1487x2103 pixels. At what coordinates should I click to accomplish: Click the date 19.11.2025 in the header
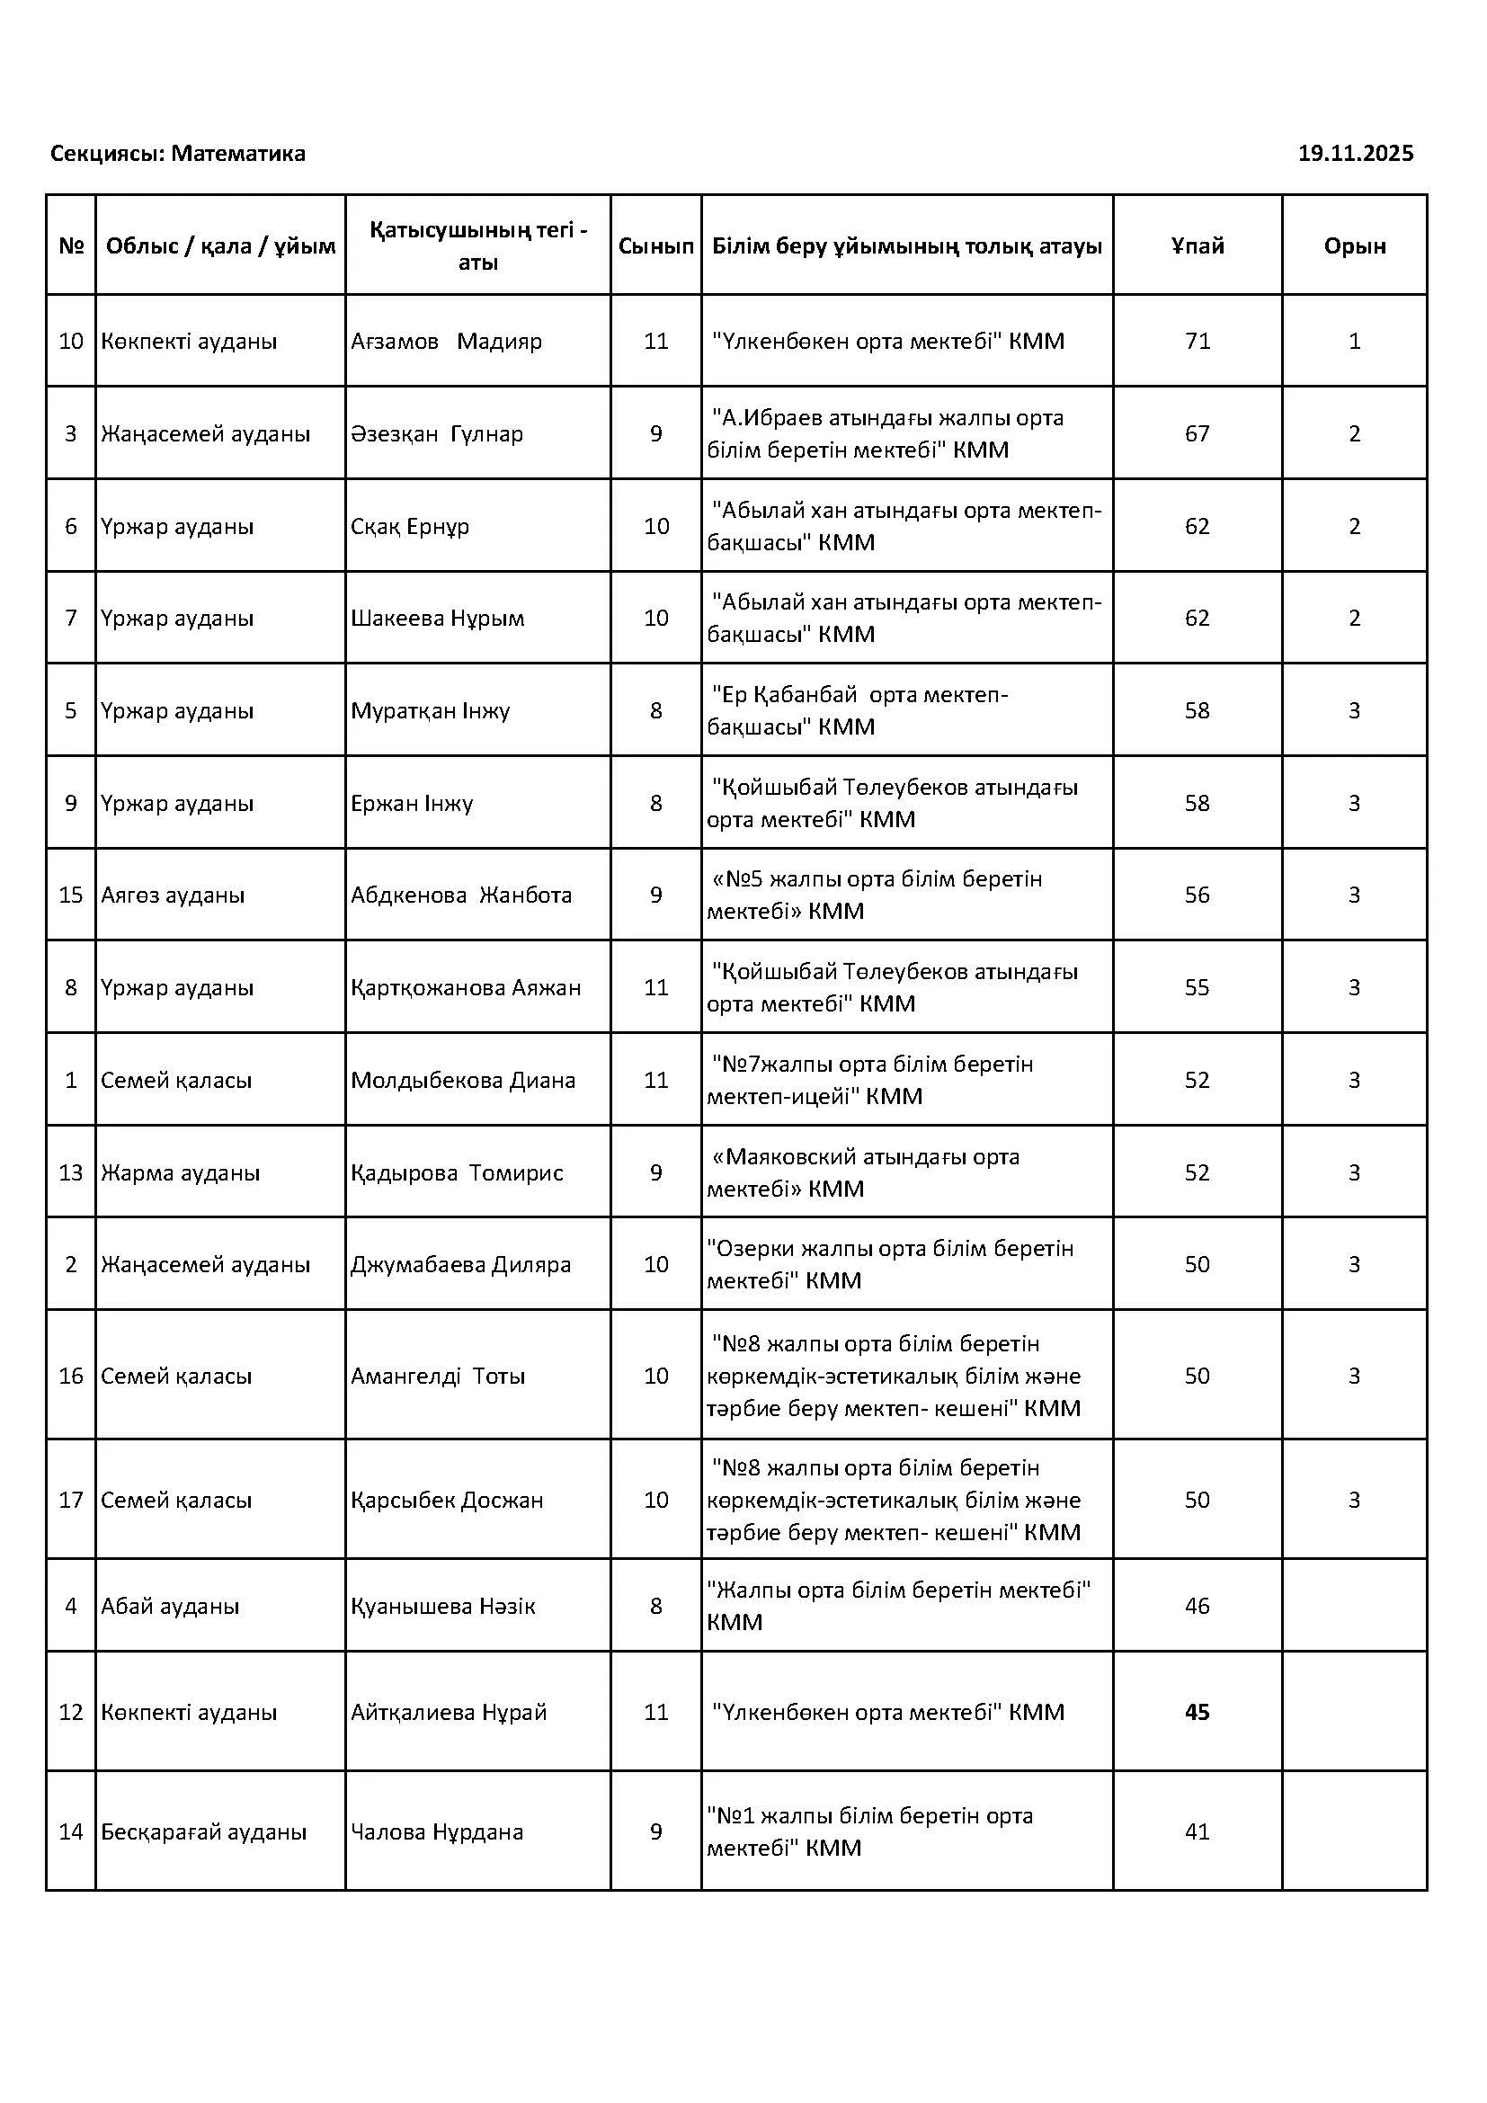click(1355, 154)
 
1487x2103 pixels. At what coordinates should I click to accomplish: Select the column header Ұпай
click(1197, 245)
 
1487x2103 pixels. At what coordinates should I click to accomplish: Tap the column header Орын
click(1354, 245)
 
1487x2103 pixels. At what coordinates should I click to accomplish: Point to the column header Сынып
click(655, 245)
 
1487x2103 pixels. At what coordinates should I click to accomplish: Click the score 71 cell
click(1197, 342)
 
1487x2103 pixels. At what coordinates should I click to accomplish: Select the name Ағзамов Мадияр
click(446, 342)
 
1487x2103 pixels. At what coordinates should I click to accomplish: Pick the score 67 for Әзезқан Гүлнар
click(1197, 434)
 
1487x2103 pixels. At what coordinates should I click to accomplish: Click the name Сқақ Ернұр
click(409, 527)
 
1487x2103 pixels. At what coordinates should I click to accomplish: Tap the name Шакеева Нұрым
click(437, 619)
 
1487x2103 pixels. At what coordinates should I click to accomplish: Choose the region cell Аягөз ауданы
click(173, 895)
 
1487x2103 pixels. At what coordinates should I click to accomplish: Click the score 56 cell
click(1197, 895)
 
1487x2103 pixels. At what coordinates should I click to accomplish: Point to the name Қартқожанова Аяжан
click(465, 987)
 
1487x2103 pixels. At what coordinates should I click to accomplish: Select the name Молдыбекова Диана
click(462, 1080)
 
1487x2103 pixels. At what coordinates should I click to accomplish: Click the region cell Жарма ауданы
click(181, 1172)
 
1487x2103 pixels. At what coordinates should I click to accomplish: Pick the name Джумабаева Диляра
click(460, 1264)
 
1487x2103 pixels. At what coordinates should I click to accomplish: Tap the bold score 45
click(1197, 1712)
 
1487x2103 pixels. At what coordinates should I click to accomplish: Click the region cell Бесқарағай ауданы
click(203, 1831)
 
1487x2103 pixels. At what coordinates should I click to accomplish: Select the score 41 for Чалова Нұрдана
click(1197, 1831)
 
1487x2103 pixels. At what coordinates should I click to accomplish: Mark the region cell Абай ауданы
click(170, 1606)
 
